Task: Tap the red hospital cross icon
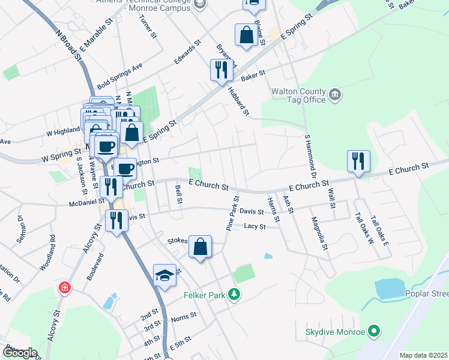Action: coord(63,289)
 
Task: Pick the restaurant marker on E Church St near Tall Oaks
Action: coord(358,161)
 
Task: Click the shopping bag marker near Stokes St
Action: coord(200,246)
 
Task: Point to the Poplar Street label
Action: coord(427,294)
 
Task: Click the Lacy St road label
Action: coord(255,226)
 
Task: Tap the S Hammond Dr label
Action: coord(310,155)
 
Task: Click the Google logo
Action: coord(20,353)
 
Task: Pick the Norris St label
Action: coord(184,316)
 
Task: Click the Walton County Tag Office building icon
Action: coord(335,94)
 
